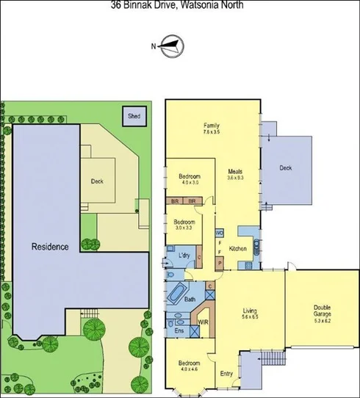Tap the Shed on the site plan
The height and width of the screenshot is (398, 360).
tap(134, 115)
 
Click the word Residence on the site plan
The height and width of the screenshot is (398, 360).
tap(49, 247)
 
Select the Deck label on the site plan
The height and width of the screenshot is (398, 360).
tap(97, 181)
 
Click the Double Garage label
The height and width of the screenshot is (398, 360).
tap(322, 312)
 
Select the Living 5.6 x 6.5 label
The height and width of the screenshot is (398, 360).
tap(251, 314)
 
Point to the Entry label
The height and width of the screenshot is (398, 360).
tap(227, 373)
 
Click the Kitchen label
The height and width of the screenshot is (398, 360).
tap(237, 249)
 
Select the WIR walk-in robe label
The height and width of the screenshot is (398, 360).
tap(203, 321)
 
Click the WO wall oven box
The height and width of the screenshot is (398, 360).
tap(219, 234)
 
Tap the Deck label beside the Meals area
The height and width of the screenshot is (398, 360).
tap(286, 168)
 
